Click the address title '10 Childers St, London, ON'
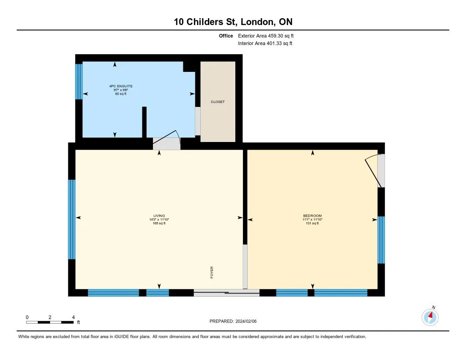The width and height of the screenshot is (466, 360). pos(233,22)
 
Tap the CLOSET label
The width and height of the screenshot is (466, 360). pos(218,101)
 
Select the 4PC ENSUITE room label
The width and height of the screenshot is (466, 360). pos(121,86)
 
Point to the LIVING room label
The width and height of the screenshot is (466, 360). pos(159,216)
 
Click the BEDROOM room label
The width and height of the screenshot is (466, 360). pos(312,216)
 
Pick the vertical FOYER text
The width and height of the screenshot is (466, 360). pos(212,272)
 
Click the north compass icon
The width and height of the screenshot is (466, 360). pos(430,317)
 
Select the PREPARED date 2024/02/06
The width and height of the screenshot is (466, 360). pos(233,321)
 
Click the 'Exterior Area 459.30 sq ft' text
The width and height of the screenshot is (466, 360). pos(266,35)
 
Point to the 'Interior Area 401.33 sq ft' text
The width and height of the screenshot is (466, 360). pos(265,43)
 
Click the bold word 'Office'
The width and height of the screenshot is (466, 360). pos(226,35)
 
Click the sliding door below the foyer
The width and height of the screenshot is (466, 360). pos(227,293)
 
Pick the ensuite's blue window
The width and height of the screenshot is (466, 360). pos(79,81)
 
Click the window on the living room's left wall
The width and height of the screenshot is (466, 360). pos(71,219)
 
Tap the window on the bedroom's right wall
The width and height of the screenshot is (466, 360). pos(381,240)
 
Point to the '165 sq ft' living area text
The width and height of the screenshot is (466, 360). pos(159,223)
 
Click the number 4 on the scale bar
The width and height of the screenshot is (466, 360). pos(73,317)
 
